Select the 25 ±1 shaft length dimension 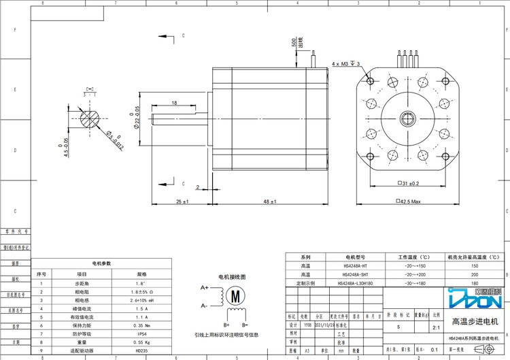182,202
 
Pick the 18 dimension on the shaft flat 174,103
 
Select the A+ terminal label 204,288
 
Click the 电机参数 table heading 101,263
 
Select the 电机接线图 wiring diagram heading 231,278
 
